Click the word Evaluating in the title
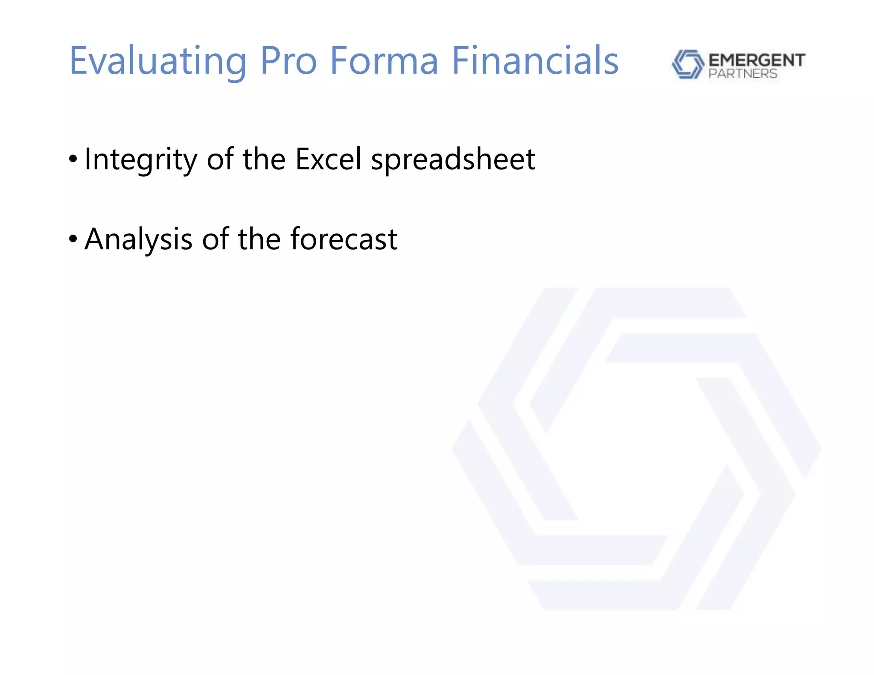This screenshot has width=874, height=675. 158,61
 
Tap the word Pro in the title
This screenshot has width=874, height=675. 288,61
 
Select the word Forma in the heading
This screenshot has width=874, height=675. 384,61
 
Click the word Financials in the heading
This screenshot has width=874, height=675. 535,61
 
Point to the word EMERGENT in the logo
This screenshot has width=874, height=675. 757,60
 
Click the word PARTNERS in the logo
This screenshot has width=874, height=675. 743,74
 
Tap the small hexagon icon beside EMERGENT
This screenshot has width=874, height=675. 688,64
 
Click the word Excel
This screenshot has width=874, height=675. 329,159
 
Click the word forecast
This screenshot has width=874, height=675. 344,239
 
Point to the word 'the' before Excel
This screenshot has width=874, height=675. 264,159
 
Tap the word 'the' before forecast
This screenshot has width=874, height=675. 259,239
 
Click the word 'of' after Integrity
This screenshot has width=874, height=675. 220,159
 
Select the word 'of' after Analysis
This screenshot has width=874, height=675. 216,239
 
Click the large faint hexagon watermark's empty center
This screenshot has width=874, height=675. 636,448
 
